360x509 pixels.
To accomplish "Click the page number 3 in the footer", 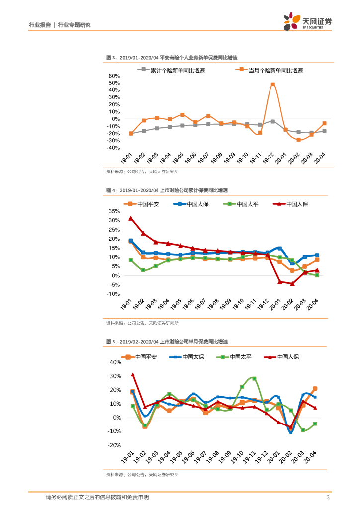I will point(328,497).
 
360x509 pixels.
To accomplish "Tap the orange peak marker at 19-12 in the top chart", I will point(272,85).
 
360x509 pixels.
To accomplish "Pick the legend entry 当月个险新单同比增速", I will point(275,70).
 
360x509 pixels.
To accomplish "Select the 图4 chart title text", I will point(167,190).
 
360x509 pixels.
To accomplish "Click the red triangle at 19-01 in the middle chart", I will point(131,218).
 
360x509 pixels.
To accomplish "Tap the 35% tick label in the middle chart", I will point(114,211).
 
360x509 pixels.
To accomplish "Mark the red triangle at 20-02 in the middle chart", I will point(292,284).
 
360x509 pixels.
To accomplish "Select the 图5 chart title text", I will point(167,342).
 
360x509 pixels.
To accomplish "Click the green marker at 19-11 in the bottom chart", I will point(254,379).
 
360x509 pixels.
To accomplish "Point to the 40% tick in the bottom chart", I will point(115,362).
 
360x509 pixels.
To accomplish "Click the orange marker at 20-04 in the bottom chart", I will point(315,389).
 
